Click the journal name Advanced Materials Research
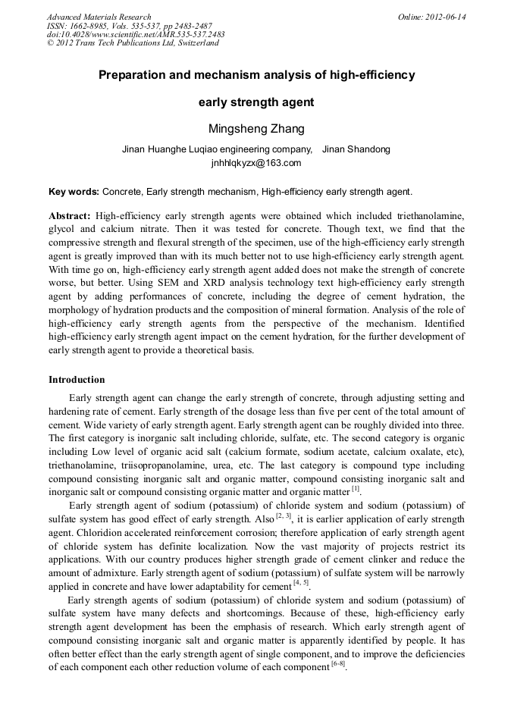pos(99,17)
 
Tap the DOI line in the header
pos(136,34)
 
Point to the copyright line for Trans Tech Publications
pos(133,43)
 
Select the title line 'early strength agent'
pos(256,102)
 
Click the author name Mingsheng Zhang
pos(256,128)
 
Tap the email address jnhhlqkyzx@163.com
pos(256,162)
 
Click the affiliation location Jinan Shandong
pos(356,149)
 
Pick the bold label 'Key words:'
pos(74,192)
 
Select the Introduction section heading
pos(77,379)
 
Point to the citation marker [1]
pos(356,490)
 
